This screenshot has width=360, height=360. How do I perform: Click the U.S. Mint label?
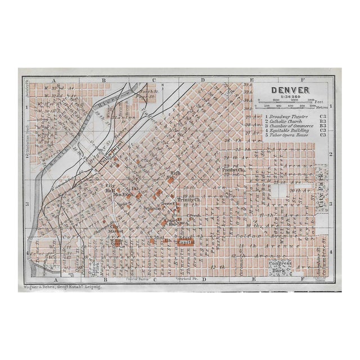click(x=159, y=238)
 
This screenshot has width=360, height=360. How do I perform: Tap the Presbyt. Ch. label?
click(x=231, y=169)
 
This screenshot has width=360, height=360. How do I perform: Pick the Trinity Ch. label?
click(x=188, y=200)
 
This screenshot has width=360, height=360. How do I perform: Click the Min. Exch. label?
click(x=122, y=195)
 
